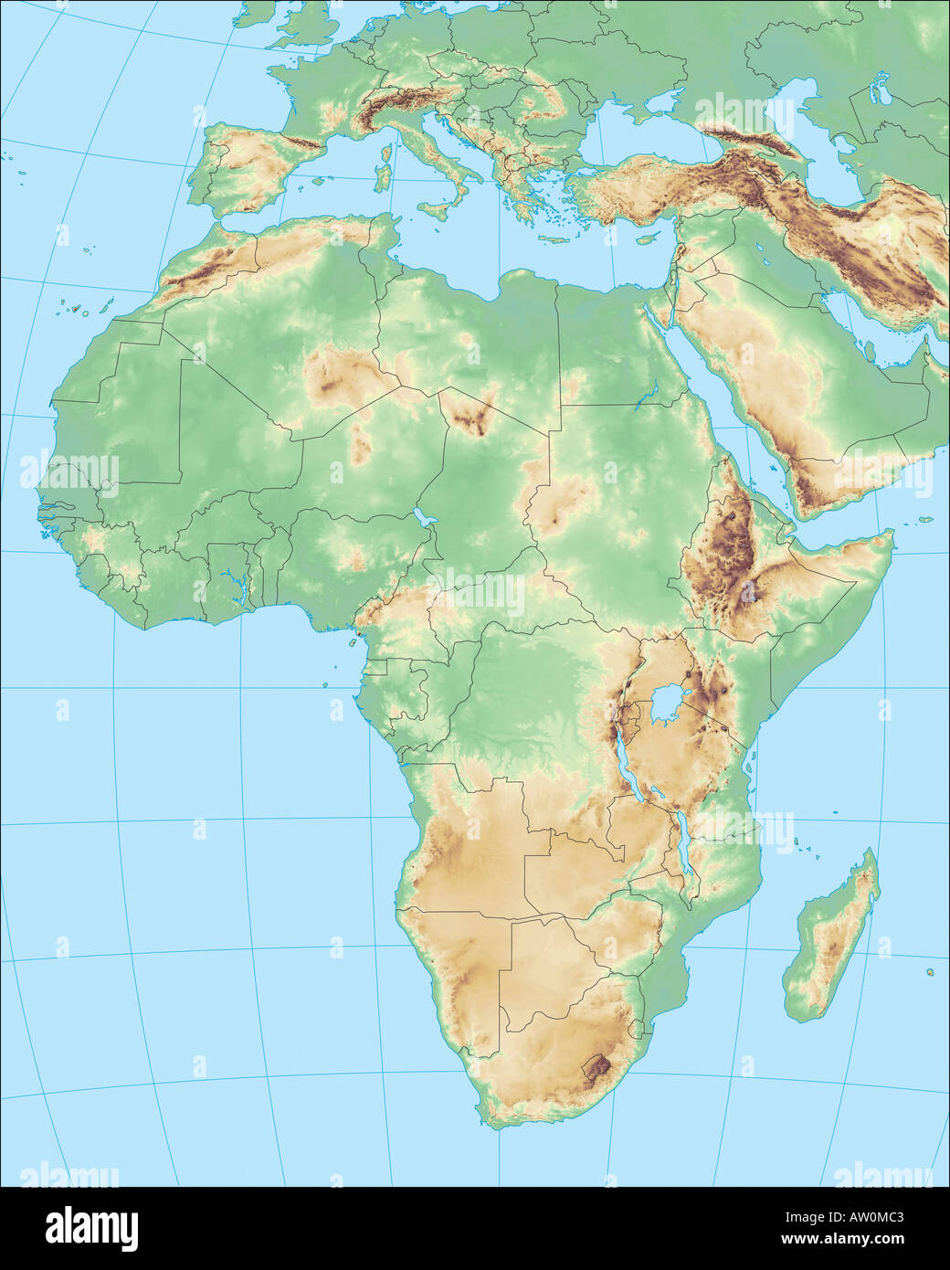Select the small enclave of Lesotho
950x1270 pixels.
(x=598, y=1065)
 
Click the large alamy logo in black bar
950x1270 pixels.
(x=91, y=1224)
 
